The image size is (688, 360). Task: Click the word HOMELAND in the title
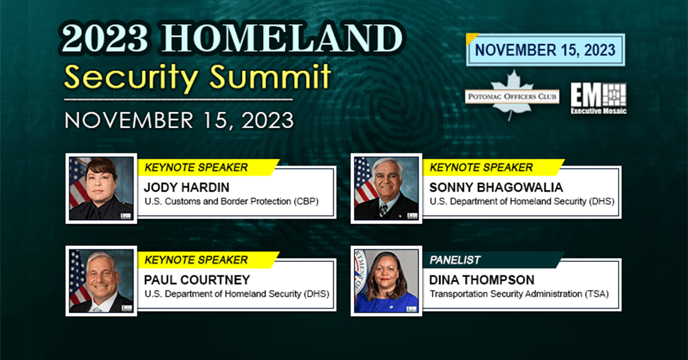pos(282,38)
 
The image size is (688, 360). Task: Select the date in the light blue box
pos(545,50)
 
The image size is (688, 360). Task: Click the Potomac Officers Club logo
pos(512,95)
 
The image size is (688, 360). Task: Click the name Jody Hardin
pos(186,187)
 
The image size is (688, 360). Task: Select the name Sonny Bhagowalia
pos(496,187)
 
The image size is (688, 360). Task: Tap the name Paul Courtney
pos(197,280)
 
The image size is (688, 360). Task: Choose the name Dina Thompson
pos(482,280)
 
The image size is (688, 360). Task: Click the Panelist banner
pos(493,260)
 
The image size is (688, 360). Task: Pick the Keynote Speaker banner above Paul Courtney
pos(208,260)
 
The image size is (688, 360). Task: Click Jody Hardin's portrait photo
pos(101,188)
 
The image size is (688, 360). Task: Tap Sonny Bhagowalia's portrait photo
pos(386,188)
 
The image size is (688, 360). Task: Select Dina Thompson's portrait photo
pos(386,281)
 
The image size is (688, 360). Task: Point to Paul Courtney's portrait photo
pos(101,281)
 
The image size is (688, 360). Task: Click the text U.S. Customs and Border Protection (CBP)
pos(231,202)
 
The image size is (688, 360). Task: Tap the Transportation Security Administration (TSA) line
pos(519,294)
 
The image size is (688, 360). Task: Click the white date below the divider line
pos(179,120)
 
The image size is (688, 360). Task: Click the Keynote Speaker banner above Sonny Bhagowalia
pos(494,167)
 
